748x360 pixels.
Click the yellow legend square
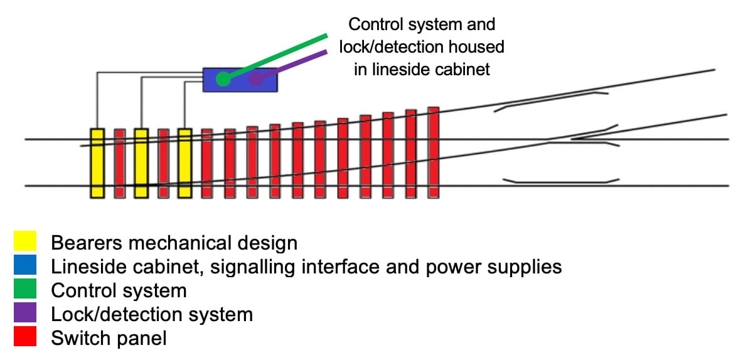point(24,241)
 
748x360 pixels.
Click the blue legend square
point(24,266)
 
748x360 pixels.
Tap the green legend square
point(24,290)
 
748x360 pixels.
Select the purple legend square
point(24,314)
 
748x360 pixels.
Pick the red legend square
point(24,337)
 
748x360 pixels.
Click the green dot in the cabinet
point(223,79)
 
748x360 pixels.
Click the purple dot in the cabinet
point(255,79)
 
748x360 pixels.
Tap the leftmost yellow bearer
point(97,163)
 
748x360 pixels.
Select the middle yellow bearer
point(141,163)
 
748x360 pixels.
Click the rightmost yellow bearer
point(184,163)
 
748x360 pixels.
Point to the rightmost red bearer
point(433,152)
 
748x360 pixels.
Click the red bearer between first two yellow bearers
point(119,163)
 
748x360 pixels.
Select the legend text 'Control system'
point(119,290)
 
